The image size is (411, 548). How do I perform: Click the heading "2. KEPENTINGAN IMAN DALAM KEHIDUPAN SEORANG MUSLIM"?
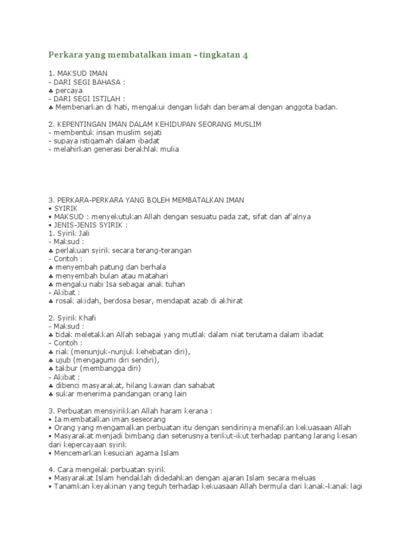click(x=155, y=124)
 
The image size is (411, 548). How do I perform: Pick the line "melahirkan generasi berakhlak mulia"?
click(x=115, y=149)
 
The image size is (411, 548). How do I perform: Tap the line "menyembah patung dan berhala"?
click(x=111, y=267)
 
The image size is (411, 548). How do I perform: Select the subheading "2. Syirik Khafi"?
click(x=74, y=317)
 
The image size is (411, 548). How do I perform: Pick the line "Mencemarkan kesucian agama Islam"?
click(x=116, y=453)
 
